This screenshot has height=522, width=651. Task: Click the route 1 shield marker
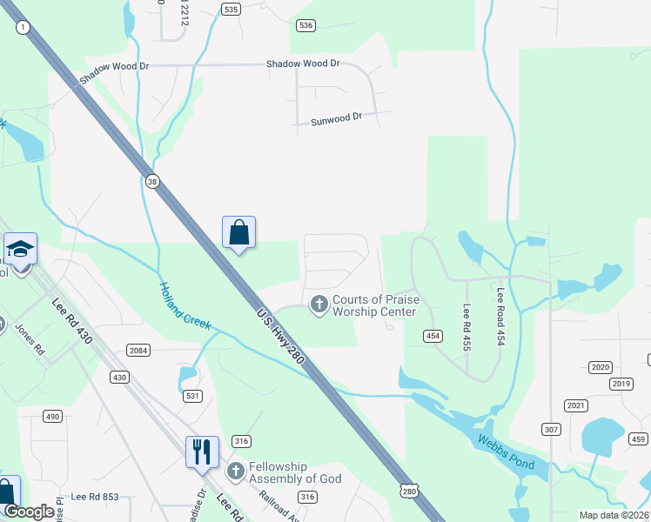(22, 29)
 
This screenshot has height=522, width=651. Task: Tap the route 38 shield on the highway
(152, 182)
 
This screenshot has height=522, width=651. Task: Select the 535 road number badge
(230, 10)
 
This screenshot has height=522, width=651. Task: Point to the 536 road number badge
(305, 25)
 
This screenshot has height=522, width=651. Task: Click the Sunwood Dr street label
(335, 120)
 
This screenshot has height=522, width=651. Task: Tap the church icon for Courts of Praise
(319, 304)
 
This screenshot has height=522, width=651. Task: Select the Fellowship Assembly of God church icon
(235, 472)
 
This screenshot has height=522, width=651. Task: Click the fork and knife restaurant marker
(201, 451)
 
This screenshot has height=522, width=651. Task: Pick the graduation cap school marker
(20, 250)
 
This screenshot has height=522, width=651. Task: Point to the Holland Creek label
(185, 304)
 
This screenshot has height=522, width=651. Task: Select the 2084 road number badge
(138, 351)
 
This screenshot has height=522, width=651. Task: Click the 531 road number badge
(193, 396)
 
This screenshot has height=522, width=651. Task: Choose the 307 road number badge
(550, 430)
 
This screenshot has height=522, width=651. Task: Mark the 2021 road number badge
(575, 405)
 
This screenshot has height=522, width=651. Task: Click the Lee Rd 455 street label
(467, 327)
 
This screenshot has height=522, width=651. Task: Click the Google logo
(30, 512)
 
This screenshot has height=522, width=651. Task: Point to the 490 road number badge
(53, 417)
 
